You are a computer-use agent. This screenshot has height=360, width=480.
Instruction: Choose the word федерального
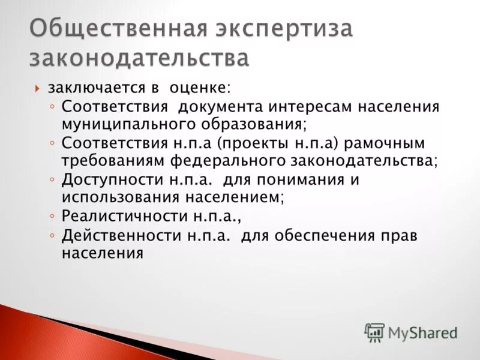245,161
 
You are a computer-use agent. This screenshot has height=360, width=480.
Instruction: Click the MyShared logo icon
374,332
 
